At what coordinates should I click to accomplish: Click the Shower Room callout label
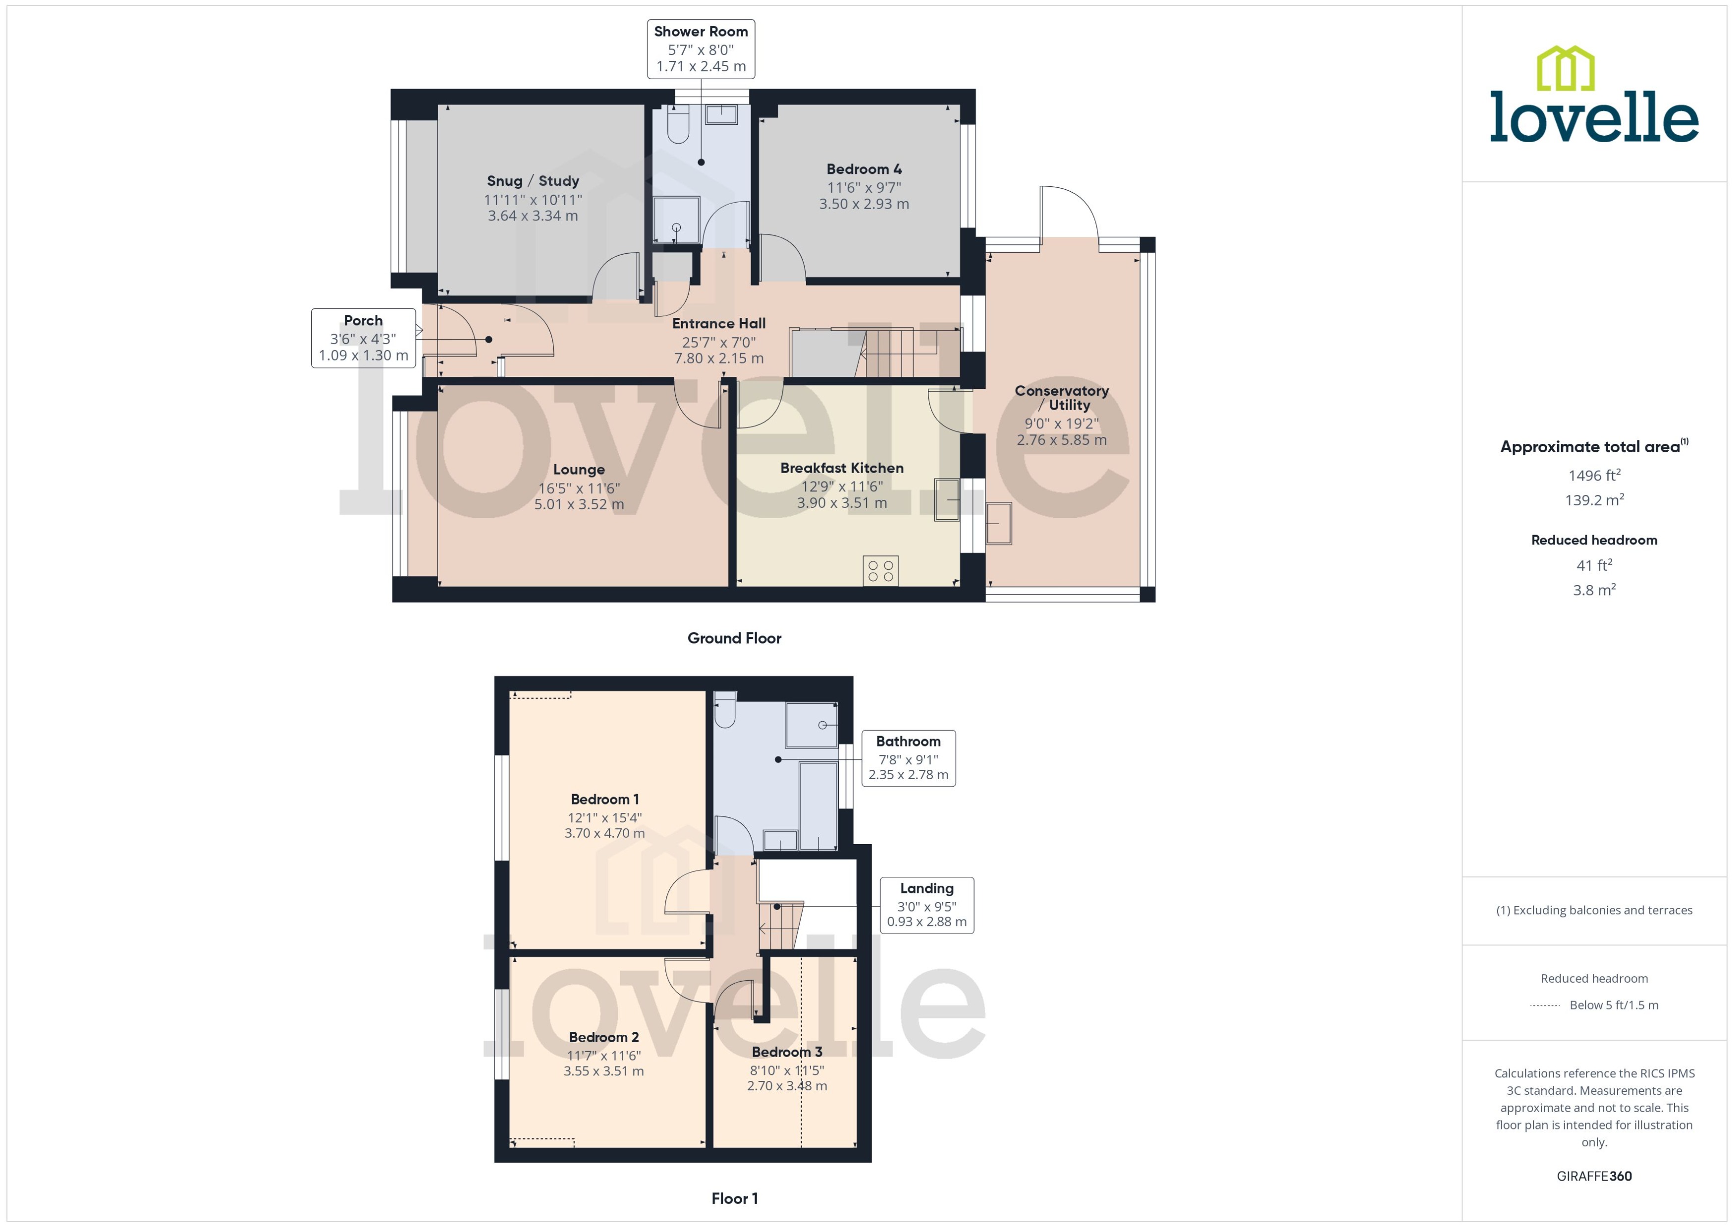tap(701, 49)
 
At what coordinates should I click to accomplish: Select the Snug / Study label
tap(533, 181)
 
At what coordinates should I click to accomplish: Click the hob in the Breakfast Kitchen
tap(880, 571)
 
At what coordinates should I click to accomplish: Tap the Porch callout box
tap(364, 338)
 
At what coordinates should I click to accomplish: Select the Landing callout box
tap(926, 905)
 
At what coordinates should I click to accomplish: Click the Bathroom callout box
tap(908, 758)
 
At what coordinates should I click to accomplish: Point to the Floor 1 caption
tap(734, 1198)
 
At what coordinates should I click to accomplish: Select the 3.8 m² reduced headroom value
tap(1593, 590)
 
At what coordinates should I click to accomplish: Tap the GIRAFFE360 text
tap(1593, 1176)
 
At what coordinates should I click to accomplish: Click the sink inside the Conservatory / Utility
tap(999, 523)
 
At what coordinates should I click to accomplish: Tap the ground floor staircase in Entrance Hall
tap(899, 353)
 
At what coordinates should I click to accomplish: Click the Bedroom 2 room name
tap(604, 1037)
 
